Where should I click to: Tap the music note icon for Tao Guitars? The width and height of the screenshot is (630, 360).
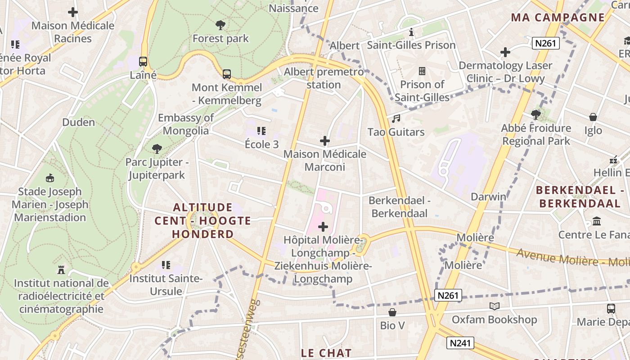click(396, 119)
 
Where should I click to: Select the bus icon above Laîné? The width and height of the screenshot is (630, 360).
click(143, 62)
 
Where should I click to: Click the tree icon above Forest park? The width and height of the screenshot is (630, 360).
click(220, 25)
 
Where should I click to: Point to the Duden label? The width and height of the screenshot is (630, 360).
click(78, 122)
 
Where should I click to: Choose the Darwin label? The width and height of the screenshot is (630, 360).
click(488, 197)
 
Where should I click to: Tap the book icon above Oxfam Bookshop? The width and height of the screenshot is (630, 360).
click(494, 306)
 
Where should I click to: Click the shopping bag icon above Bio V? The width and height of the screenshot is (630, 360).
click(392, 312)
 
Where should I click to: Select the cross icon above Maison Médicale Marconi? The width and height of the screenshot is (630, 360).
click(324, 141)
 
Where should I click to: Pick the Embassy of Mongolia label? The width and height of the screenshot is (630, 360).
click(186, 124)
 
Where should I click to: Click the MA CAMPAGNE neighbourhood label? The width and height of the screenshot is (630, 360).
click(558, 18)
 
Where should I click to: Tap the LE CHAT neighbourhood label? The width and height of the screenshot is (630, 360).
click(326, 353)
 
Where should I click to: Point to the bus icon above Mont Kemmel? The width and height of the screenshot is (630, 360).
click(227, 74)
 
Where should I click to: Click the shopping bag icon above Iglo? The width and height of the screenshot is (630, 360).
click(593, 117)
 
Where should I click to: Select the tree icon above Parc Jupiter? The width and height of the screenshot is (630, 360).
click(157, 148)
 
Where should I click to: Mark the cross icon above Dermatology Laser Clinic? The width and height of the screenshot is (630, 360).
click(505, 52)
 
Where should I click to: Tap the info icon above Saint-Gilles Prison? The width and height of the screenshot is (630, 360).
click(411, 32)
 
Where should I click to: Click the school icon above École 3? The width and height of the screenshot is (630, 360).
click(261, 131)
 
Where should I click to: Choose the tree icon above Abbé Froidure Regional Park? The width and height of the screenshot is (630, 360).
click(535, 115)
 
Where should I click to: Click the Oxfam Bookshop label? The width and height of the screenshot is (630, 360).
click(494, 320)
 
